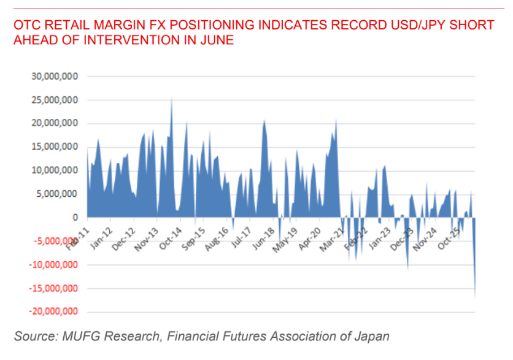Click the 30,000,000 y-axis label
55,76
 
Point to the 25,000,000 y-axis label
55,100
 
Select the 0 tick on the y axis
75,218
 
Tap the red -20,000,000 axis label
53,311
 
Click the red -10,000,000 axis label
53,264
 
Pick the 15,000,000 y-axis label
55,147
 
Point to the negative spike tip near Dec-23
407,270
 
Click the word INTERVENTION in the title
126,40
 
